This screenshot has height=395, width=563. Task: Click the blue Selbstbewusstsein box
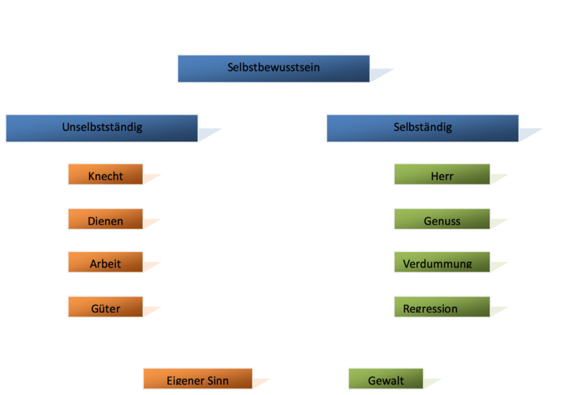click(273, 68)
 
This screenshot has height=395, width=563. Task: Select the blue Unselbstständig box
click(101, 128)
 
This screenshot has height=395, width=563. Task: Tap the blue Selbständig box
click(422, 128)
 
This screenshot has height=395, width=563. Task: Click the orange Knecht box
click(106, 175)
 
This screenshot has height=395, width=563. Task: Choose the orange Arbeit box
click(106, 263)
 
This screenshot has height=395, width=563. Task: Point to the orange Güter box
click(106, 307)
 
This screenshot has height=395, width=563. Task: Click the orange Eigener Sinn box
click(197, 379)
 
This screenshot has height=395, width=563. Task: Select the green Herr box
click(442, 175)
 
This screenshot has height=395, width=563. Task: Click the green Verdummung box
click(442, 263)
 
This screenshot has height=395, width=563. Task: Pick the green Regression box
click(442, 307)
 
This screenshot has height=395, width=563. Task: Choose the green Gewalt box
click(386, 379)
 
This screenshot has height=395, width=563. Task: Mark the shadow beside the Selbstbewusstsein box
click(380, 74)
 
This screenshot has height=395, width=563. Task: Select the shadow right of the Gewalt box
click(431, 383)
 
